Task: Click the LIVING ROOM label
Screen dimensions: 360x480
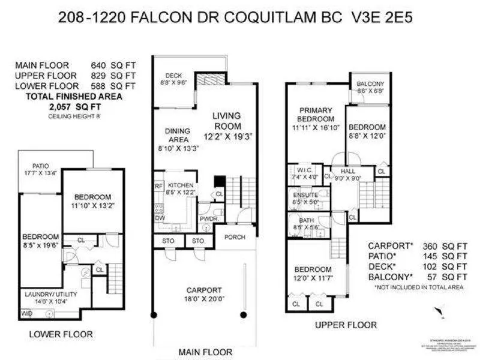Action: click(226, 121)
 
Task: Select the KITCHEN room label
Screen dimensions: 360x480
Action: click(180, 185)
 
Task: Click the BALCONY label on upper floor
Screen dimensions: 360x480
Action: click(370, 83)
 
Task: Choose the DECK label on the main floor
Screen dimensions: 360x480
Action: click(173, 76)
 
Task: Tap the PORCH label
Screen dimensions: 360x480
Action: click(235, 236)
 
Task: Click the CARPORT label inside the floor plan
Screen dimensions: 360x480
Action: click(204, 289)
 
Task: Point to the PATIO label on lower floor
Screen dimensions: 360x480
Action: click(41, 166)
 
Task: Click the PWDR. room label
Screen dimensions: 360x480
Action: click(208, 219)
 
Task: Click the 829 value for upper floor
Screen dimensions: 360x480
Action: click(99, 76)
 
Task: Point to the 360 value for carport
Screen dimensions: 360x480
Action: click(423, 245)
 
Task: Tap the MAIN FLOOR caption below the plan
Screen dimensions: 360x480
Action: click(204, 351)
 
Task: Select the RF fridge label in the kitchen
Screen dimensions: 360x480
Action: click(159, 186)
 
